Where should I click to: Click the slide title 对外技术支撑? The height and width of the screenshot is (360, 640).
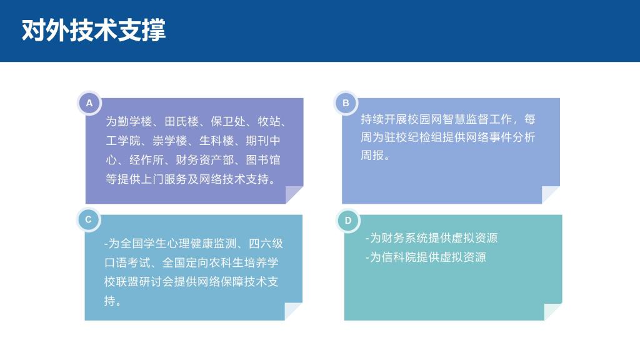pos(94,30)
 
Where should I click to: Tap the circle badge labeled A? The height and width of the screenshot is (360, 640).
pos(89,103)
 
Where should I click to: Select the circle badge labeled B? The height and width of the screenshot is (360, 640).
pos(346,103)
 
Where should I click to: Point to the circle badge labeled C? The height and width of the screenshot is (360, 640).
pos(89,219)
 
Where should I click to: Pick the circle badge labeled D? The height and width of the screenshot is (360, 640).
pos(348,221)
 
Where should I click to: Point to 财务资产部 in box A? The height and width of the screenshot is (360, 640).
pos(204,160)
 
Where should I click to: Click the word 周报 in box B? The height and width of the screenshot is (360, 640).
pos(372,155)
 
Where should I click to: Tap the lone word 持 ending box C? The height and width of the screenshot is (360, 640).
pos(110,301)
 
